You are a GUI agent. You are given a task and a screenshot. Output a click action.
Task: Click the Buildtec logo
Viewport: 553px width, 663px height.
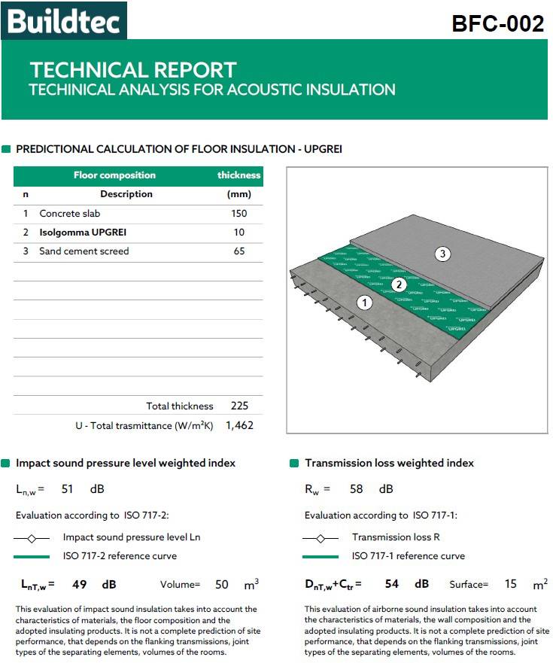64,21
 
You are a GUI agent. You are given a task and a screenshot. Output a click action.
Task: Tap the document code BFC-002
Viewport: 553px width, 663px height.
497,24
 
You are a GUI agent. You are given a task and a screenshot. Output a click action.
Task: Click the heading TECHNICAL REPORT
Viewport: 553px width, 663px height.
133,70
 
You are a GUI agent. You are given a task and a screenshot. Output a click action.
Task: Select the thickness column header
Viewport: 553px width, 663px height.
239,175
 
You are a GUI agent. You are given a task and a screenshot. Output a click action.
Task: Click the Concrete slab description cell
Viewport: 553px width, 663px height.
69,214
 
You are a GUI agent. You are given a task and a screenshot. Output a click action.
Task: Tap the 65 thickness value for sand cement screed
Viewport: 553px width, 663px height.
239,251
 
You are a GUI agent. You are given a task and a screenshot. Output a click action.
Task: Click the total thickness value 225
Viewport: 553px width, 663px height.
239,406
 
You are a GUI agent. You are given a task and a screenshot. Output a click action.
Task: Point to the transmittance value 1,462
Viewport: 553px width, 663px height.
239,425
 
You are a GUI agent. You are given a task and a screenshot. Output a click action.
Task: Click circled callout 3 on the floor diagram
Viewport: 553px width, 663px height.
442,254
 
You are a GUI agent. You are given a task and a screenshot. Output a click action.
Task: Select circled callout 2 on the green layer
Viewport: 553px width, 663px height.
399,284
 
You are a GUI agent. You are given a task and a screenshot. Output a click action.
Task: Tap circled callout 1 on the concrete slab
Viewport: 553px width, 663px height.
365,303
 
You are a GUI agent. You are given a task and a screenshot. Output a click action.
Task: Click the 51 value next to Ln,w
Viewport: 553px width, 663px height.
68,489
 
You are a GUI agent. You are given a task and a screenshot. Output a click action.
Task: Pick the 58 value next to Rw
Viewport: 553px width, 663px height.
357,489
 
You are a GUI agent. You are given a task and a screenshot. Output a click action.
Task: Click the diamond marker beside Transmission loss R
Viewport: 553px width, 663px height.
321,538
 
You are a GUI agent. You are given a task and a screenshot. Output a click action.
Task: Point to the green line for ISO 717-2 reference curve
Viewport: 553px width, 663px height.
32,557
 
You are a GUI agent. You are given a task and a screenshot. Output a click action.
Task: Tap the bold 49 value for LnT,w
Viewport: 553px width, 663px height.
80,584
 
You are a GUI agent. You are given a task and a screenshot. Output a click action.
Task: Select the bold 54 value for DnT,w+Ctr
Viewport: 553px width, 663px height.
391,584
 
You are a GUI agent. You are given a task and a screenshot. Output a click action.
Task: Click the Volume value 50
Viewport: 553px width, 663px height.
222,585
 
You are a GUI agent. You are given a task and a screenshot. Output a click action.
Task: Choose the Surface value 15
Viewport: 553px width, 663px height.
511,585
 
